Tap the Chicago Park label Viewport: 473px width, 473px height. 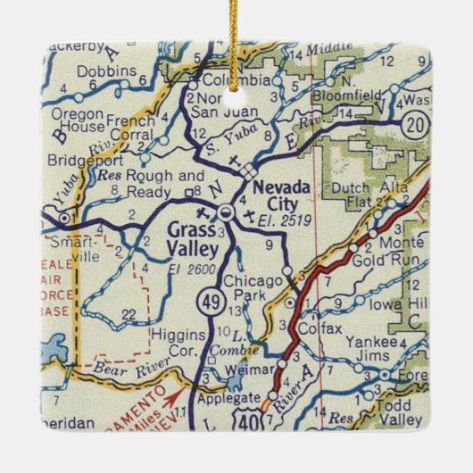tap(253, 287)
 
